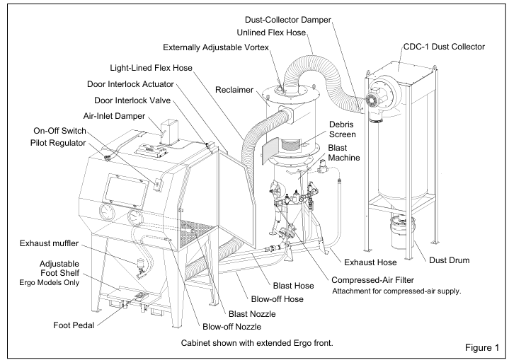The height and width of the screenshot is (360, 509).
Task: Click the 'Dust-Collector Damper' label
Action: [288, 20]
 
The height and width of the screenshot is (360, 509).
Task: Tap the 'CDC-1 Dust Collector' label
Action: [444, 47]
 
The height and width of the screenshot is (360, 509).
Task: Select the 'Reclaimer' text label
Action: [234, 90]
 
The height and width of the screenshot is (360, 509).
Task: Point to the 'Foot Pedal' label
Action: [74, 325]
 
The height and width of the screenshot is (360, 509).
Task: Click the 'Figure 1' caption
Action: [482, 348]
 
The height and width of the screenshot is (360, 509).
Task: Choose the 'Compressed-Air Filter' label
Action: [372, 280]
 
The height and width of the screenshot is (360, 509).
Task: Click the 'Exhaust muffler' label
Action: [49, 243]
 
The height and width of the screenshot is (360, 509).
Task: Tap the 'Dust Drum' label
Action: [450, 260]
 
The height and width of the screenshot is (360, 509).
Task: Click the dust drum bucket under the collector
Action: [402, 233]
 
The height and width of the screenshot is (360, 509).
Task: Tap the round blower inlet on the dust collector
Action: [370, 100]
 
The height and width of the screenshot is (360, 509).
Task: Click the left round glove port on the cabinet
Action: [107, 213]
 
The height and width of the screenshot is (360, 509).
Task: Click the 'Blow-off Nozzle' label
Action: [231, 327]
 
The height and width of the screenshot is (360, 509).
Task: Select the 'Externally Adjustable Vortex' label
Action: [216, 47]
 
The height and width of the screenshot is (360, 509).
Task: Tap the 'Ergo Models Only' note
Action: [50, 282]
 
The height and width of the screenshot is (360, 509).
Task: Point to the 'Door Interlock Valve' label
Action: [132, 100]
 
